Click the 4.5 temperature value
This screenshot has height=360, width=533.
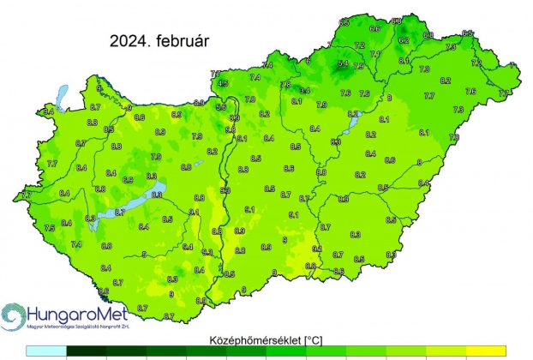click(x=223, y=83)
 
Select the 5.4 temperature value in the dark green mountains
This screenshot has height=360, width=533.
click(x=344, y=63)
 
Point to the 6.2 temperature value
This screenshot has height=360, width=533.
click(x=404, y=40)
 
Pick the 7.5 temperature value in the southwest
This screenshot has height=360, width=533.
click(x=50, y=227)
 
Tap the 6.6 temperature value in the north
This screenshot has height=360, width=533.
click(x=374, y=28)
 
